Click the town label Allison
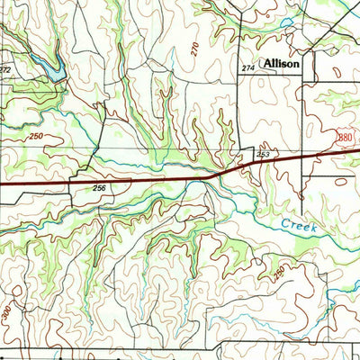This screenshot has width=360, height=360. [283, 66]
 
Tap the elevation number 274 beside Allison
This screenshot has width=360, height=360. [248, 68]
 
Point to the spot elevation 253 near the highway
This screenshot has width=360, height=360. [263, 156]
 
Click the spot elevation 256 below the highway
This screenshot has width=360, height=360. [99, 188]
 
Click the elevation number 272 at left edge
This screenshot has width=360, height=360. [5, 69]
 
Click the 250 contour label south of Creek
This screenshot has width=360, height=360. [280, 270]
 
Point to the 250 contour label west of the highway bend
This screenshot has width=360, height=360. [36, 137]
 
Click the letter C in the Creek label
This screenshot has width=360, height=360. [283, 222]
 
